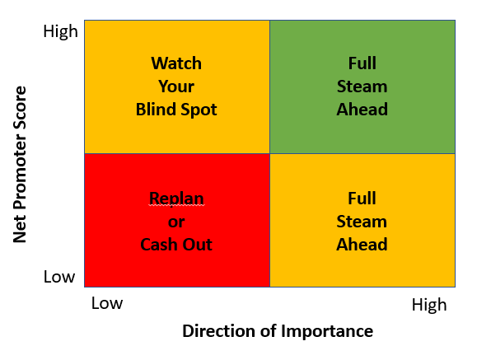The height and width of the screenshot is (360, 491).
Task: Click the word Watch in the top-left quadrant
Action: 176,63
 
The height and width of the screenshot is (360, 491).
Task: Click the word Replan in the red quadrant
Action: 176,199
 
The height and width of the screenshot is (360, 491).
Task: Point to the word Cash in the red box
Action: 159,245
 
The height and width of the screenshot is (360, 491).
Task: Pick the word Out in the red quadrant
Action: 198,245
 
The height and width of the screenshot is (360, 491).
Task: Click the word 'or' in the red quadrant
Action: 176,222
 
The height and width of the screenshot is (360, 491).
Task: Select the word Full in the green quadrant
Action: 362,63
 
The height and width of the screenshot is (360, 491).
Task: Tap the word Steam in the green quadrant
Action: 362,86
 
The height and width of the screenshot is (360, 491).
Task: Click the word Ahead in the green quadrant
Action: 362,110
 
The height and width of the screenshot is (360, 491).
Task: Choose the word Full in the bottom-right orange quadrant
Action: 362,199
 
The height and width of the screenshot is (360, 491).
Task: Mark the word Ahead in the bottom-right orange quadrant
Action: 362,245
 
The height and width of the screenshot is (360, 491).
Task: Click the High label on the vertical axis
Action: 60,31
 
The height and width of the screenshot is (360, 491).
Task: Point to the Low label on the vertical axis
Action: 59,277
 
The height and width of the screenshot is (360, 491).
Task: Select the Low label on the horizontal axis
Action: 107,303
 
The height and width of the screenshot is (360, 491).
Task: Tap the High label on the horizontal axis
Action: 429,305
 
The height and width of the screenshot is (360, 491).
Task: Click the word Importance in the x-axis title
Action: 327,331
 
